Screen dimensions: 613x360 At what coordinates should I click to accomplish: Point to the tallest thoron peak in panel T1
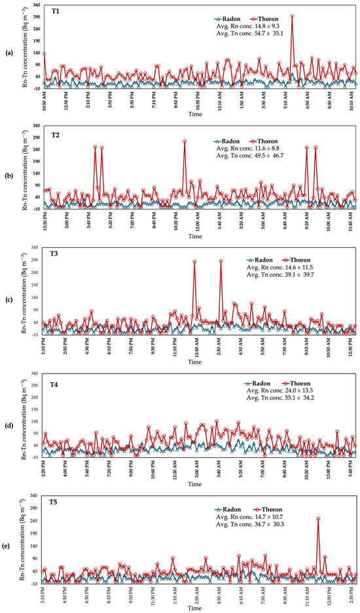point(292,16)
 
